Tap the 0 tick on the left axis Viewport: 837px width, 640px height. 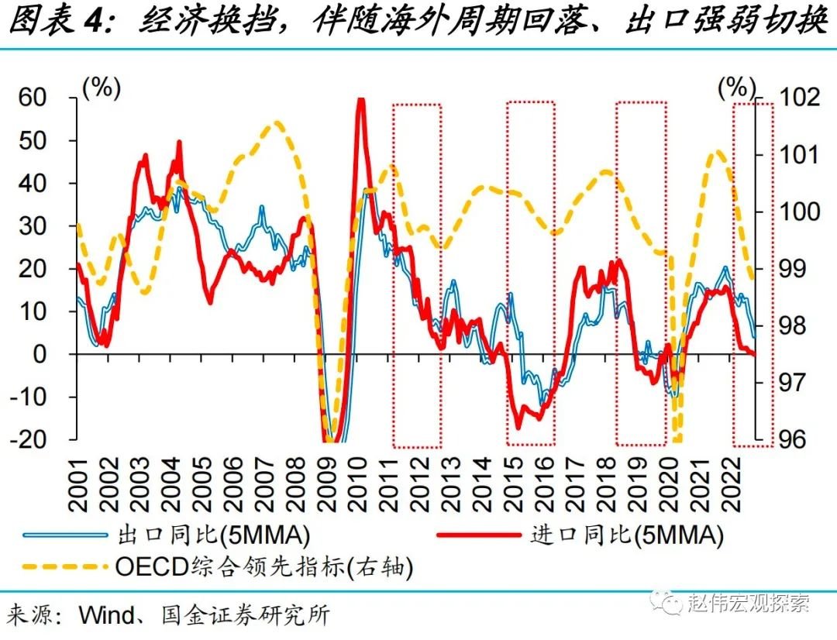coord(60,354)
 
